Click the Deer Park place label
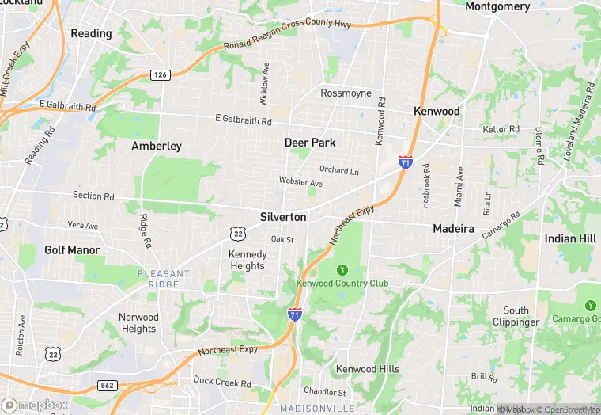tap(310, 143)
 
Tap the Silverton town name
tap(283, 216)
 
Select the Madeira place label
tap(453, 228)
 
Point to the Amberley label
tap(157, 146)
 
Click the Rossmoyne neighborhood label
tap(346, 93)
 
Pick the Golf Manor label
tap(72, 249)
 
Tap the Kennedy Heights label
tap(248, 260)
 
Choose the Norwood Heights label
tap(138, 323)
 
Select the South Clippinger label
tap(516, 317)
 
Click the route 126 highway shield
tap(161, 74)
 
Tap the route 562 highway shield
tap(108, 385)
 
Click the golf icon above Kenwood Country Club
tap(342, 269)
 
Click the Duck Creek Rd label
tap(222, 383)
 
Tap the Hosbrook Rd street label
tap(425, 186)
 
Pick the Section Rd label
tap(93, 196)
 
